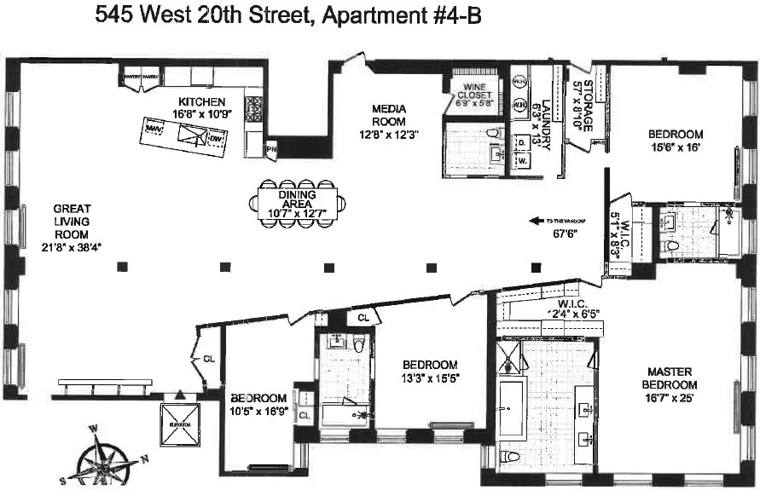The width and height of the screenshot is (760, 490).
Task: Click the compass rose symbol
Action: pos(107,456)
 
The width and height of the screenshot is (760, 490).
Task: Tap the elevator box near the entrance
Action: pos(180,426)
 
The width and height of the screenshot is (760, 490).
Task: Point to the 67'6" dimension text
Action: pos(560,233)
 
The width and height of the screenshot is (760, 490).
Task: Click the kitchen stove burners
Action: pos(253,108)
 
